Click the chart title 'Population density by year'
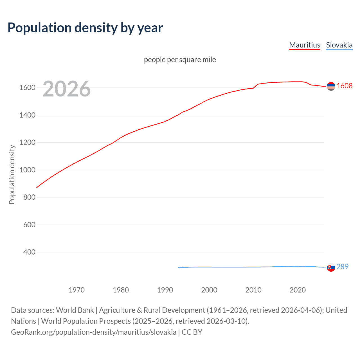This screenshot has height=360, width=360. point(85,28)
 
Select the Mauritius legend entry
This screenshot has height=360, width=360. point(305,45)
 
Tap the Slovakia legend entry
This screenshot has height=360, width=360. point(339,45)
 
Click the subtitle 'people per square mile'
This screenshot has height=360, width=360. point(180,60)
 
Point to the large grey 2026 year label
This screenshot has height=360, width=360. point(67,89)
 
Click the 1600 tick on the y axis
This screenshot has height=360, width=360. point(27,88)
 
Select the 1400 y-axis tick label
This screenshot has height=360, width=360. point(27,115)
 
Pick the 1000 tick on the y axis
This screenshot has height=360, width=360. point(27,170)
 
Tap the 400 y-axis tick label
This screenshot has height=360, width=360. point(29,252)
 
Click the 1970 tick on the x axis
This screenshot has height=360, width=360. point(76,290)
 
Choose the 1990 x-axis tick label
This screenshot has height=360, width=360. point(165,290)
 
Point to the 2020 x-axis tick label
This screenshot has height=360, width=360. point(298,290)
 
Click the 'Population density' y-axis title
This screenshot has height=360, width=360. point(12,174)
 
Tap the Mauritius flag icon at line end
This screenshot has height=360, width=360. point(331,86)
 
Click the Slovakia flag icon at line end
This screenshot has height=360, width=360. point(331,267)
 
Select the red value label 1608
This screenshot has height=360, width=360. point(345,86)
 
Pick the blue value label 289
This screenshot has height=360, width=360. point(342,267)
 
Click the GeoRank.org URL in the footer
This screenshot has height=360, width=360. point(94,332)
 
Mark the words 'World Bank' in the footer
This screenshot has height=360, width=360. point(75,310)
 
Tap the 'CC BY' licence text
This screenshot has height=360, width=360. point(192,332)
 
